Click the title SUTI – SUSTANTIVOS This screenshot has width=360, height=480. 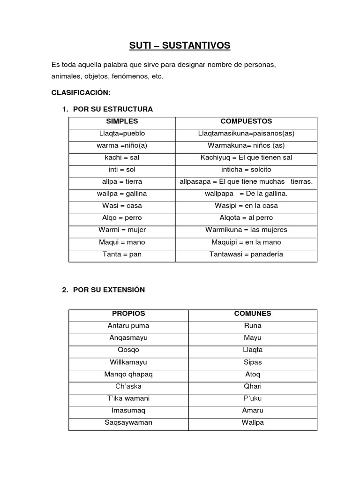(x=180, y=45)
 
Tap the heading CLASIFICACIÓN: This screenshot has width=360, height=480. (x=81, y=92)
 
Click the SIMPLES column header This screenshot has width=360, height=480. (x=122, y=121)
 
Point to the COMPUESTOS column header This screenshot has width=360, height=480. (x=246, y=121)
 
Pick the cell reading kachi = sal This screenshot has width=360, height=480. (x=122, y=157)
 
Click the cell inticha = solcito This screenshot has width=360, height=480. (x=246, y=169)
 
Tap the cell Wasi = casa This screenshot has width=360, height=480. (x=122, y=206)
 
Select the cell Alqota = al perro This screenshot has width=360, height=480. (x=246, y=218)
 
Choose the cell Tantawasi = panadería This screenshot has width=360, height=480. (x=246, y=255)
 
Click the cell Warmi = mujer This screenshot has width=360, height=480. (x=122, y=230)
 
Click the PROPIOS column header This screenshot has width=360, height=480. (x=128, y=314)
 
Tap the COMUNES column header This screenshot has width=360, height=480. (x=253, y=314)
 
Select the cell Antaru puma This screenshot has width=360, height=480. (x=128, y=326)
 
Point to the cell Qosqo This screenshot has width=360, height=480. (x=128, y=350)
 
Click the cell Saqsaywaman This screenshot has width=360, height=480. (x=128, y=422)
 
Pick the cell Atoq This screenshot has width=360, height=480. (x=253, y=375)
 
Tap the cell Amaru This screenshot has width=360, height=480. (x=253, y=411)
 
